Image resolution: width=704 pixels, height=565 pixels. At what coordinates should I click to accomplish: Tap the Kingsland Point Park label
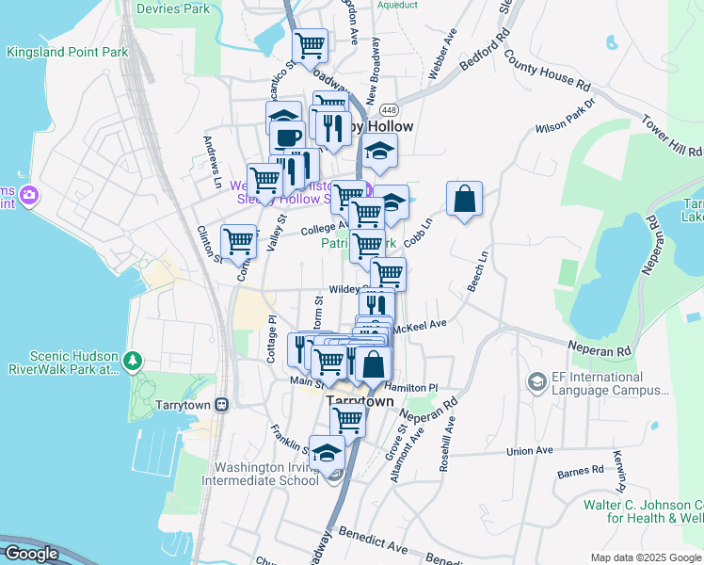point(67,53)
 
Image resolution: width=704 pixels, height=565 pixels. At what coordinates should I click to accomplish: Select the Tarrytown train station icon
point(221,404)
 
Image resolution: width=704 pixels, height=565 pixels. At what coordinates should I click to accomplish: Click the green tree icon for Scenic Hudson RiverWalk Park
point(134,360)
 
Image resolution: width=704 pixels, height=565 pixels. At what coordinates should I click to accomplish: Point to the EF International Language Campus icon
point(536,381)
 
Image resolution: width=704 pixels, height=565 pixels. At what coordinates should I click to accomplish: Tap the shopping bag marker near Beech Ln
point(464,199)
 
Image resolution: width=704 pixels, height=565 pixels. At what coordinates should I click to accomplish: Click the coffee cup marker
point(287,137)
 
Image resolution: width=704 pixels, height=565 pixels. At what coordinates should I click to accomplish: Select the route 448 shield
point(402,110)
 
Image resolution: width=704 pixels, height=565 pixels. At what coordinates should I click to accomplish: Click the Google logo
point(31,554)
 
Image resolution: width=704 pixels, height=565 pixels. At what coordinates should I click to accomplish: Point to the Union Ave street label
point(529,451)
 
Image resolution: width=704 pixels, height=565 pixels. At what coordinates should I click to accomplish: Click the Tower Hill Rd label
point(672,137)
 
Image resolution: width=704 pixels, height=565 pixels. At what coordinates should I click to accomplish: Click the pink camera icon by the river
point(29,195)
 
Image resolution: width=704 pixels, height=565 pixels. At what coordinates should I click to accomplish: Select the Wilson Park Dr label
point(565,115)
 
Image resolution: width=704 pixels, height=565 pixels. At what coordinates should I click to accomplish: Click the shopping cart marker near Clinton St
point(238,241)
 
